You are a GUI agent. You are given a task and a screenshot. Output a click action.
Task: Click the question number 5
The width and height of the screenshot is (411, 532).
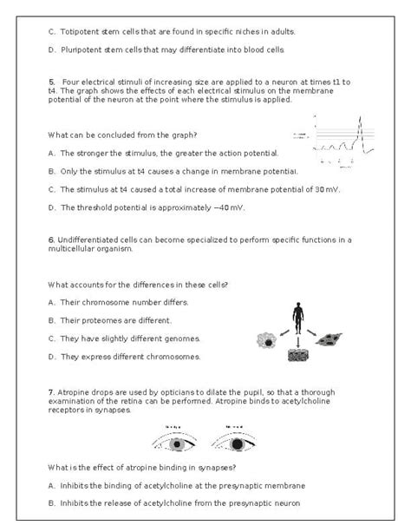coord(51,82)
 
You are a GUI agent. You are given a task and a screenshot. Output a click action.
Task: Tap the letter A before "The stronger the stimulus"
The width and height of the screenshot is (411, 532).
coord(51,153)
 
